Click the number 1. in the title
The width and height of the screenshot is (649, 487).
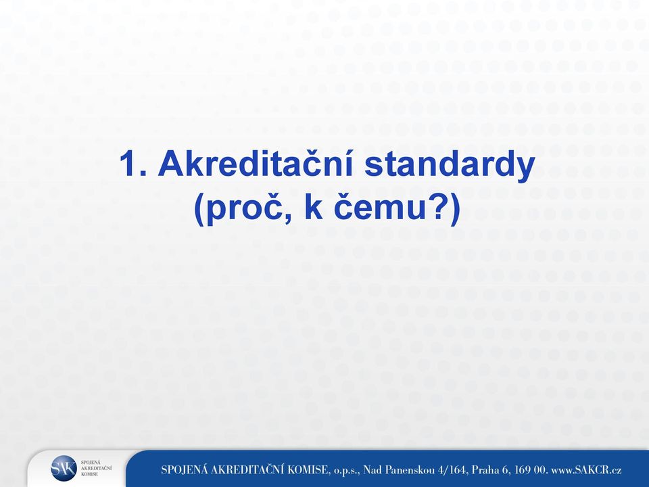(x=133, y=164)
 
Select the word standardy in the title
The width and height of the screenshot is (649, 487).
(x=450, y=164)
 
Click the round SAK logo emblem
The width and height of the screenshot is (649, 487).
(x=64, y=468)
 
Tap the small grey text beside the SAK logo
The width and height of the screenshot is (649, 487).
(x=96, y=468)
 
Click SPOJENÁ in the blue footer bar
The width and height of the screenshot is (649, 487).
(x=184, y=469)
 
